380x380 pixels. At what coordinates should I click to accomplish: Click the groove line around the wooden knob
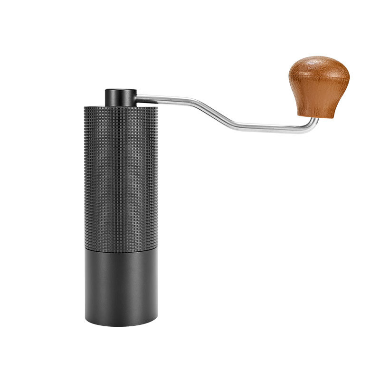click(319, 77)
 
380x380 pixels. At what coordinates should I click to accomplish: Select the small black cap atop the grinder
click(121, 97)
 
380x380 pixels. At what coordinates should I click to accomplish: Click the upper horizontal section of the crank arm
click(171, 99)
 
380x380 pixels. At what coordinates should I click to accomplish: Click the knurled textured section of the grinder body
click(121, 176)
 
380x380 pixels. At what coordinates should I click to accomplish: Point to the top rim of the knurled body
click(121, 107)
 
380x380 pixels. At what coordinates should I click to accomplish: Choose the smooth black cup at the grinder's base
click(121, 285)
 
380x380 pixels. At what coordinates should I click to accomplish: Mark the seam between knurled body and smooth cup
click(121, 248)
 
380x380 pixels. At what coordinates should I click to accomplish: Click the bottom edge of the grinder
click(121, 325)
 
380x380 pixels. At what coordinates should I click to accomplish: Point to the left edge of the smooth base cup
click(85, 285)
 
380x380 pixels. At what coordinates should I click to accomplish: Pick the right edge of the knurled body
click(157, 176)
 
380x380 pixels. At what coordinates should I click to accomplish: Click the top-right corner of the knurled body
click(156, 108)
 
